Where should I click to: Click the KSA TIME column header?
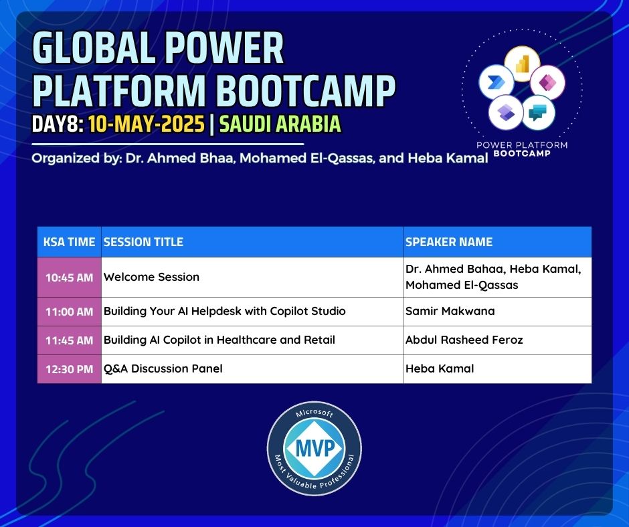coord(69,242)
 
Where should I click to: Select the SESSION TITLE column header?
coord(143,242)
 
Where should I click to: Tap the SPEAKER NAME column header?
coord(449,242)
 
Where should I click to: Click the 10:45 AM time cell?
coord(69,278)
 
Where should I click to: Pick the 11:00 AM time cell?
coord(69,312)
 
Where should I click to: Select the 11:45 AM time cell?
coord(69,340)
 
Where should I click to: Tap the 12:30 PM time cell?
coord(69,369)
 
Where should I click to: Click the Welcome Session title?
coord(151,277)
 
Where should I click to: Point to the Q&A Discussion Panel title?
coord(163,368)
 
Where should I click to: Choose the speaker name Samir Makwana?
coord(450,311)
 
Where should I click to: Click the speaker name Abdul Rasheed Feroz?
coord(464,340)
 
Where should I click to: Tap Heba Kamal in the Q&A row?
coord(440,368)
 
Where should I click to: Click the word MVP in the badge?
coord(315,448)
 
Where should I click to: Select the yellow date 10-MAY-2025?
coord(147,124)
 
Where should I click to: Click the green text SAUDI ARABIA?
coord(280,124)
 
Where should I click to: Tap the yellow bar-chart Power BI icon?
coord(522,64)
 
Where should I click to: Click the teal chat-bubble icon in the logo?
coord(539,113)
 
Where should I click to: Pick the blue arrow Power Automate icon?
coord(497,82)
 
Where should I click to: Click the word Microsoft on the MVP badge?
coord(314,413)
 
